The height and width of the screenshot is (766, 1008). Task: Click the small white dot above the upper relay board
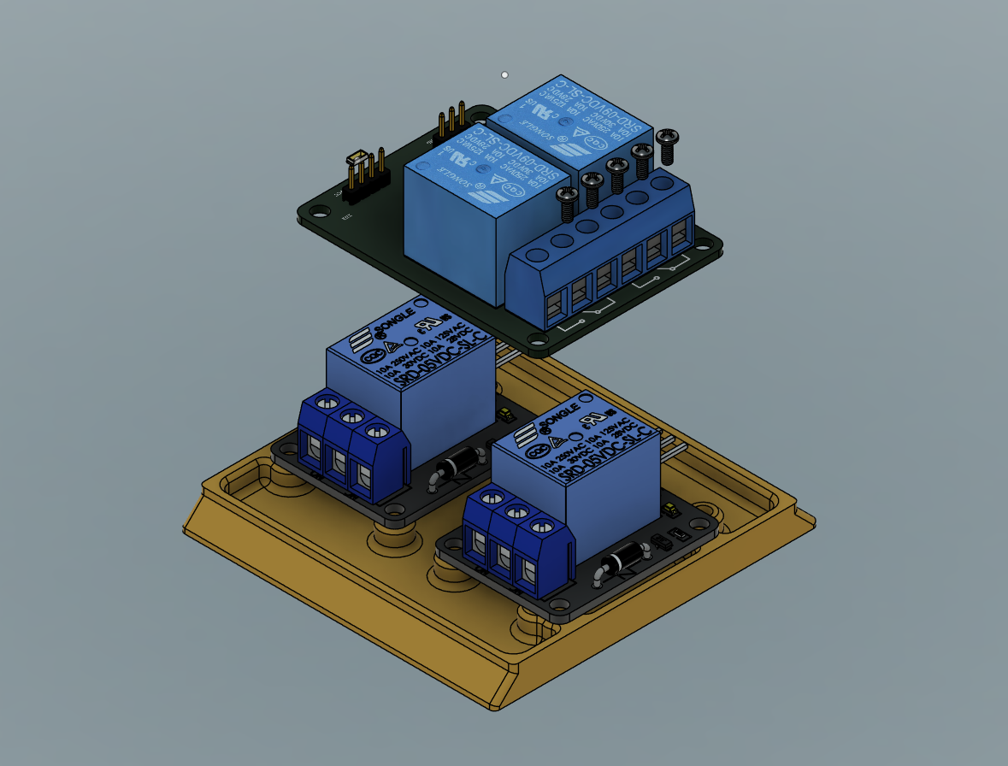[504, 75]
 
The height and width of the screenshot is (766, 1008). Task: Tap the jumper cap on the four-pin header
[358, 160]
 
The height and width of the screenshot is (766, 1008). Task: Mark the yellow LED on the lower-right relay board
[669, 510]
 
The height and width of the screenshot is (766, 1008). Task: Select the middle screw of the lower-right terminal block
[516, 511]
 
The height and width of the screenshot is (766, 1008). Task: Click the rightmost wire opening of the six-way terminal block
[680, 234]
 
